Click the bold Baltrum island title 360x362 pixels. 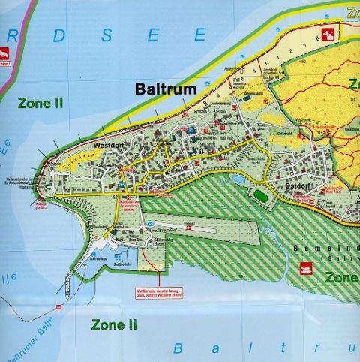pyautogui.click(x=166, y=89)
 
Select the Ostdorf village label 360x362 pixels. pyautogui.click(x=298, y=185)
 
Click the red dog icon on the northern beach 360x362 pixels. pyautogui.click(x=327, y=33)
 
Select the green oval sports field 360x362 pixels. pyautogui.click(x=260, y=195)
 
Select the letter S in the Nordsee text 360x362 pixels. pyautogui.click(x=106, y=35)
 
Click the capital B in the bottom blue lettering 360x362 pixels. pyautogui.click(x=178, y=348)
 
